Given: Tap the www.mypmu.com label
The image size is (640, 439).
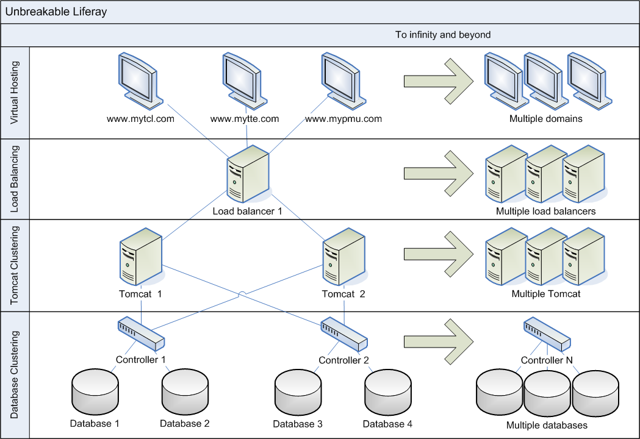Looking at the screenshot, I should (343, 119).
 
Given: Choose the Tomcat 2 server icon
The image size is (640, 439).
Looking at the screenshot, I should (343, 256).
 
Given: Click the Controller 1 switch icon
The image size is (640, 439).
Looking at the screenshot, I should (141, 334).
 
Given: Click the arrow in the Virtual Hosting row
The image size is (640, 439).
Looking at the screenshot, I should (439, 80).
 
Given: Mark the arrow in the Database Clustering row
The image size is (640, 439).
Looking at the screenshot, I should (439, 340).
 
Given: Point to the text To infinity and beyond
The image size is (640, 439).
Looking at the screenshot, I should (443, 35).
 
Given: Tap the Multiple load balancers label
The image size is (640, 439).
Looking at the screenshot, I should (545, 212).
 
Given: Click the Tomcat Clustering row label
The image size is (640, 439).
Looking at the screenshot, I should (15, 265).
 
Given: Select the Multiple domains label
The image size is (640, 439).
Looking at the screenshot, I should (546, 119).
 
